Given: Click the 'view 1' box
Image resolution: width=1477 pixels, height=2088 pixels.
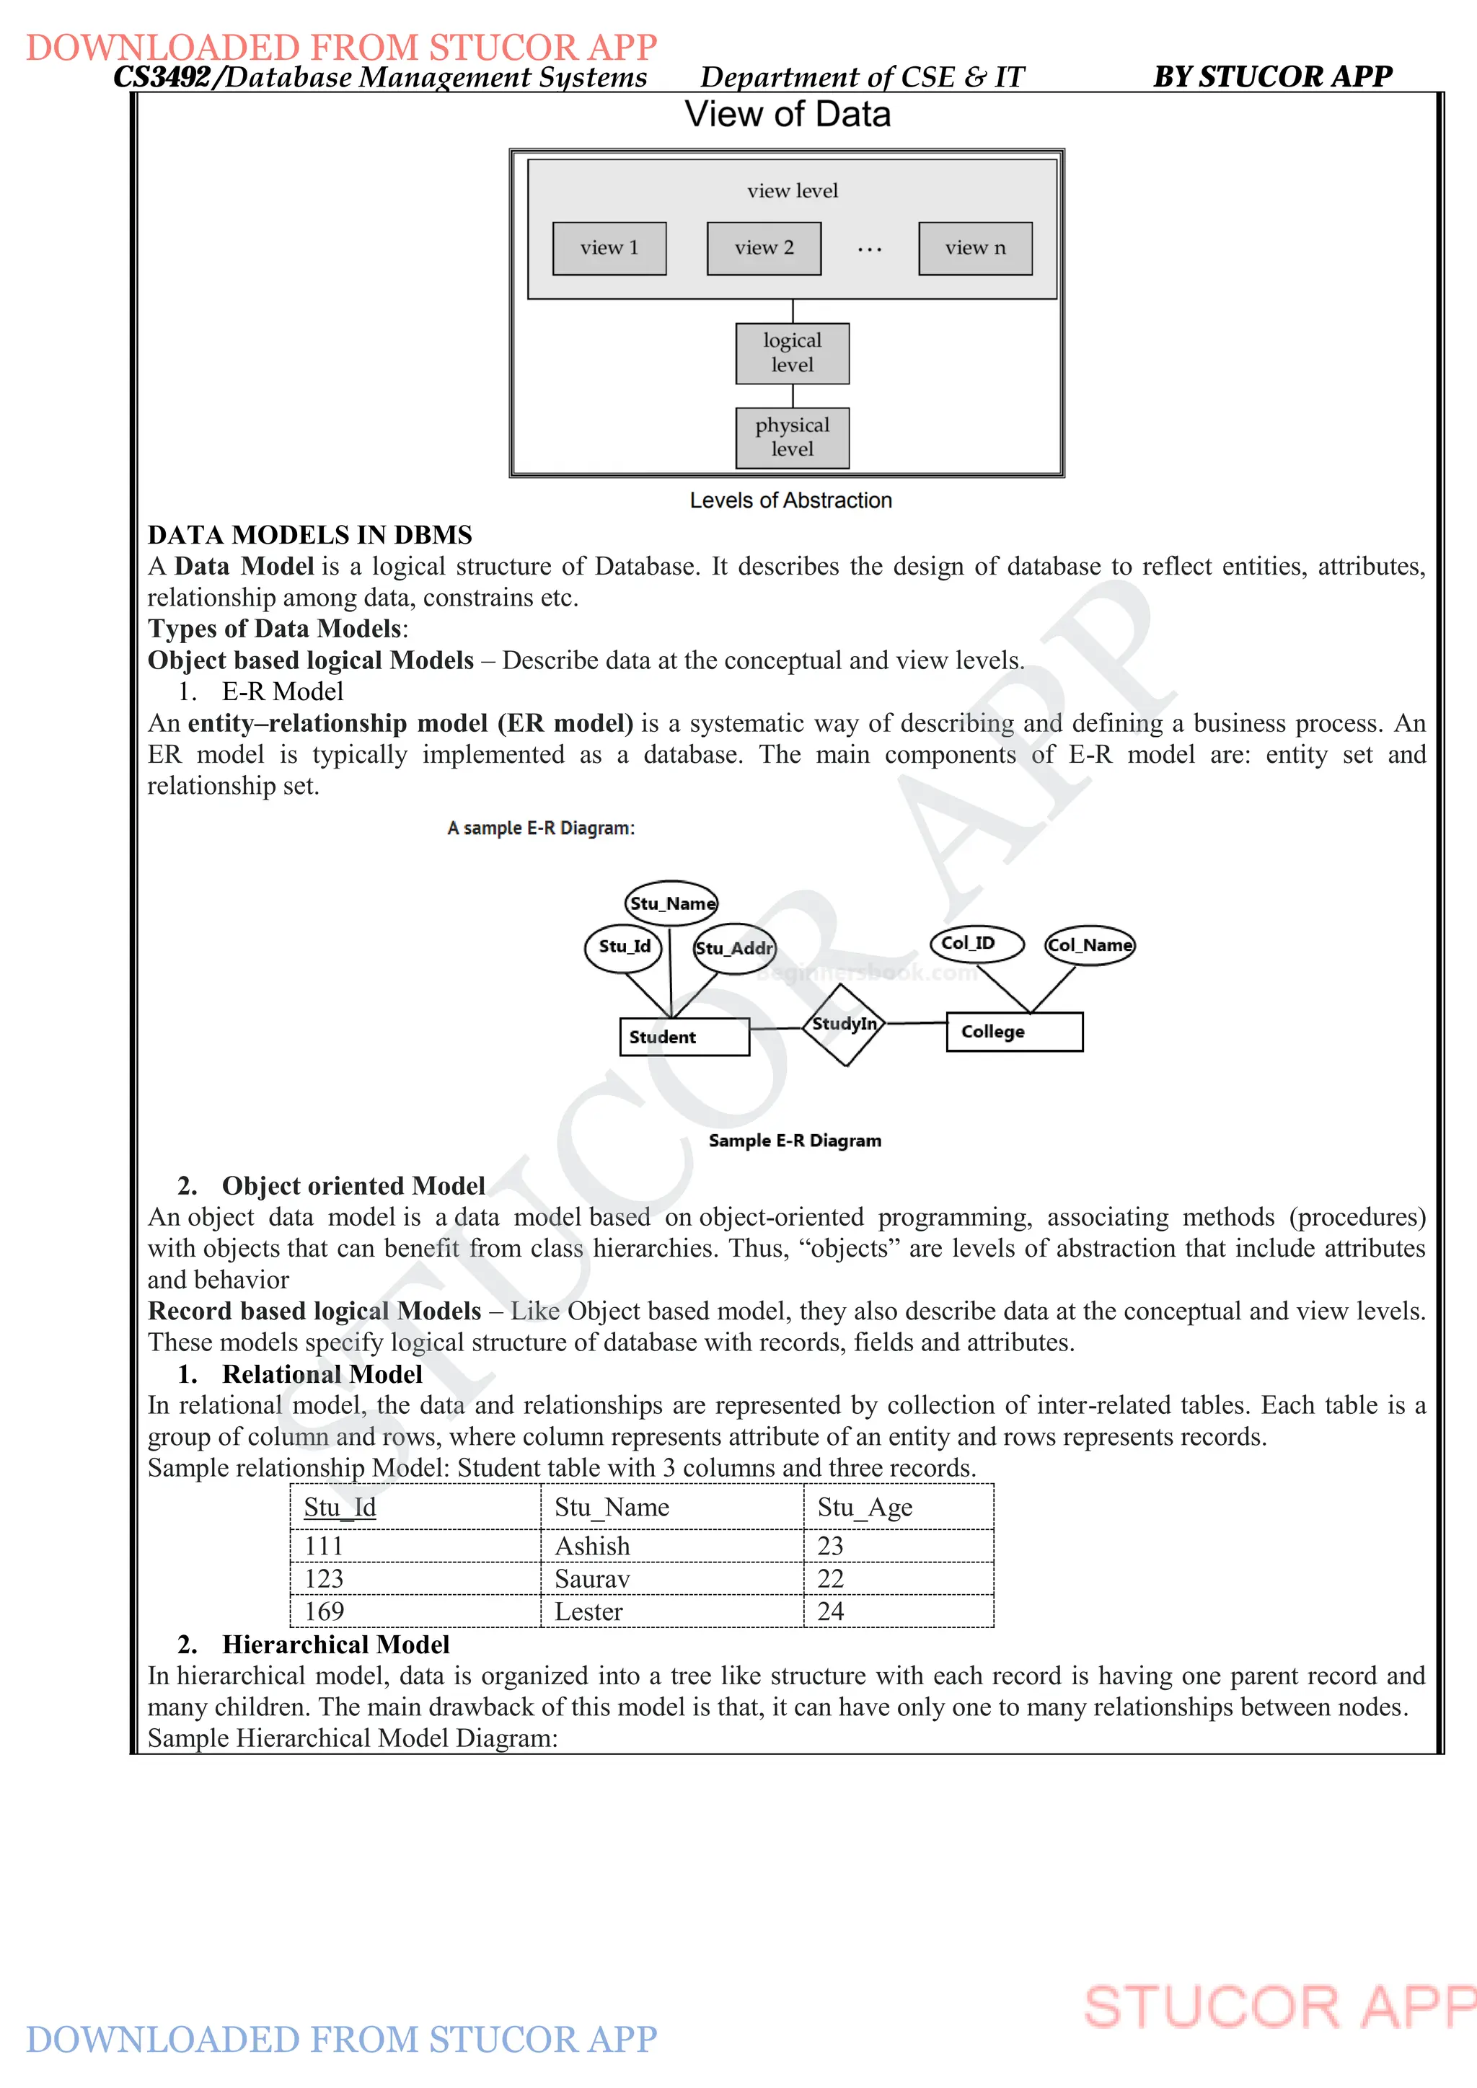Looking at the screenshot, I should pyautogui.click(x=609, y=248).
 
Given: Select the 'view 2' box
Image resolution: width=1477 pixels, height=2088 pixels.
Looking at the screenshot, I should pyautogui.click(x=764, y=248).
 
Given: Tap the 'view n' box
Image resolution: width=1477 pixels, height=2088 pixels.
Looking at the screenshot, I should pyautogui.click(x=975, y=248).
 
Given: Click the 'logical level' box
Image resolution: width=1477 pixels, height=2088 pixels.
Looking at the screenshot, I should pyautogui.click(x=792, y=353).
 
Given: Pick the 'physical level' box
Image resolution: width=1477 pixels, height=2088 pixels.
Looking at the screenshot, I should pyautogui.click(x=792, y=438).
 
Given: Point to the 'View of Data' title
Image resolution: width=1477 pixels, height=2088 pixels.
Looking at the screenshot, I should pyautogui.click(x=788, y=115).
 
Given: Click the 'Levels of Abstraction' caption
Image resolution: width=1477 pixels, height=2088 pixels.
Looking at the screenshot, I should pyautogui.click(x=790, y=500).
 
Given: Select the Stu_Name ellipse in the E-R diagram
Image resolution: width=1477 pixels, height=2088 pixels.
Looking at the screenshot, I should pyautogui.click(x=672, y=903).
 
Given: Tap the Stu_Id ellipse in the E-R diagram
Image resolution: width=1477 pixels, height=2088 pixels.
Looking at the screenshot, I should pyautogui.click(x=624, y=947).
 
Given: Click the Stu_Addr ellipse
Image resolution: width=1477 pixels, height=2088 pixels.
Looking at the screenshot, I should pyautogui.click(x=734, y=949).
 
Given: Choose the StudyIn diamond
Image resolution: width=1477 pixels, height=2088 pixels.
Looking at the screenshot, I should pyautogui.click(x=845, y=1025).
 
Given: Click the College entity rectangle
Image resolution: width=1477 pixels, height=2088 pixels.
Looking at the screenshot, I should pyautogui.click(x=1014, y=1031).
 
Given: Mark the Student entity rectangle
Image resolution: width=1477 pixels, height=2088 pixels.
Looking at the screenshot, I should pyautogui.click(x=684, y=1037).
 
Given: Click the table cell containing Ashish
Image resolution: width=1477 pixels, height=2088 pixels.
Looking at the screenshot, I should pyautogui.click(x=671, y=1546).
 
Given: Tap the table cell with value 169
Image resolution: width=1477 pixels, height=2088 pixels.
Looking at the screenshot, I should pyautogui.click(x=415, y=1611).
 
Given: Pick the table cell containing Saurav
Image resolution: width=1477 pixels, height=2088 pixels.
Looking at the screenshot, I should pyautogui.click(x=671, y=1579).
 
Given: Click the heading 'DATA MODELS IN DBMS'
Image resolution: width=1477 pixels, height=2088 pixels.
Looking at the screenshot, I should pyautogui.click(x=310, y=535).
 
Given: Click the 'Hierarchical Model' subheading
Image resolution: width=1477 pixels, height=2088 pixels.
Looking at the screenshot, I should pyautogui.click(x=335, y=1644).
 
